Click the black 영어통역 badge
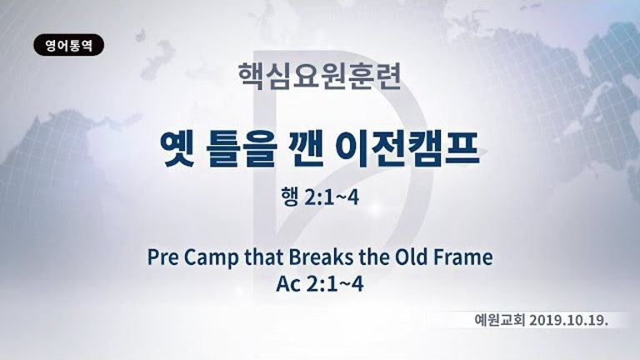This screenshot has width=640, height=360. tap(68, 45)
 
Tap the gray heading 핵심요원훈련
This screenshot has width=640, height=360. tap(320, 76)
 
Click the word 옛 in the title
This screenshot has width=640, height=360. tap(179, 150)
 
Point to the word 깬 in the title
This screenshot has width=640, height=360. tap(307, 150)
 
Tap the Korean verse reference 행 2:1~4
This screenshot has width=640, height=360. tap(320, 197)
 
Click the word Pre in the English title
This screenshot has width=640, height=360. tap(162, 257)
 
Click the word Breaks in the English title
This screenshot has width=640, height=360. tap(320, 257)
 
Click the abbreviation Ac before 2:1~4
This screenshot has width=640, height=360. tap(288, 284)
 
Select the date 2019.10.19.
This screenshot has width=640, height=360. tap(569, 320)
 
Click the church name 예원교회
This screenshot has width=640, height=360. tap(500, 320)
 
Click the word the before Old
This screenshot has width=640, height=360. tap(373, 257)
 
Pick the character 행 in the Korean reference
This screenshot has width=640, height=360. tap(289, 197)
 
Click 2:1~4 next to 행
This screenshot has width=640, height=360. tap(331, 197)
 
